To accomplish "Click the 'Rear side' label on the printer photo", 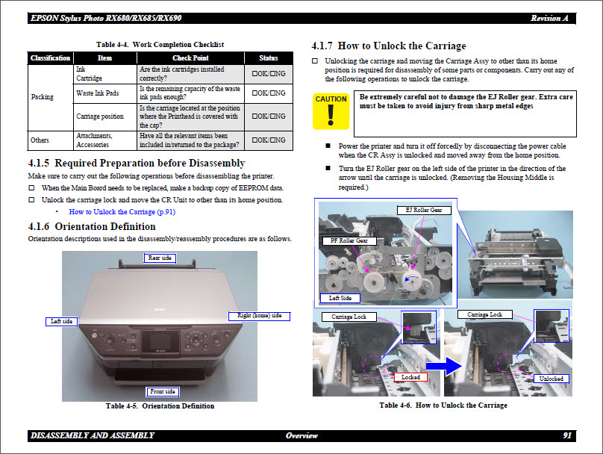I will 160,258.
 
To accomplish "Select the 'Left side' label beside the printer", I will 62,321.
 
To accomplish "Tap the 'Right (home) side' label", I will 259,316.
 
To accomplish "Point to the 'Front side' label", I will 162,391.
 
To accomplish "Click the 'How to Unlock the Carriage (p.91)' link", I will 122,211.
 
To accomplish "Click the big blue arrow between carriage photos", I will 443,365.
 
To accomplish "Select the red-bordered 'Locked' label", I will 411,378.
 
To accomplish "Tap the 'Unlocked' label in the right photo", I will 552,379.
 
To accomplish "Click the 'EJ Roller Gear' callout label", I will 424,211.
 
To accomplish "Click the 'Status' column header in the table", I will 268,57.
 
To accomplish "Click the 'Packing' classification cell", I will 43,97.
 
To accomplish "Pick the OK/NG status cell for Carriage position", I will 268,116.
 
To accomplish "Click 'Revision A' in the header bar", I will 550,17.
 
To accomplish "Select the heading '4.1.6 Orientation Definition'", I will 92,226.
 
